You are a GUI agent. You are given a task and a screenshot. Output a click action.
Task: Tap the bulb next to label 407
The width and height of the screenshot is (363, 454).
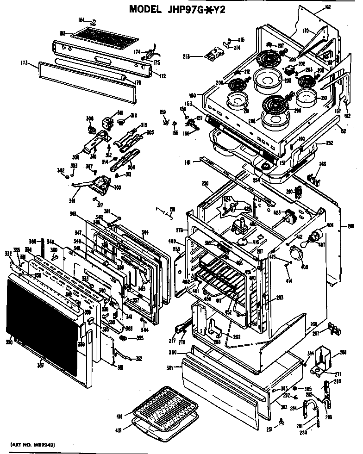pos(317,236)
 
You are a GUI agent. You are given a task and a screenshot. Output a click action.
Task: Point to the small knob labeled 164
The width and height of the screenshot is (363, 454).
pos(94,21)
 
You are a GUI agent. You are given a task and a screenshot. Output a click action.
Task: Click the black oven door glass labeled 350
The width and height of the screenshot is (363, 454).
pos(42,324)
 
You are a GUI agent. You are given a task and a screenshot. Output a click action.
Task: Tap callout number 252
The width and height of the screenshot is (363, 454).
pos(329,143)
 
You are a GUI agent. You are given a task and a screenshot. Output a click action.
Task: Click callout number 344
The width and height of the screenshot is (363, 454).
pos(145,232)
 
